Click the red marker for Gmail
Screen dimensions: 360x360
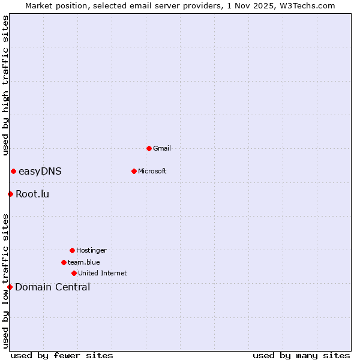[149, 148]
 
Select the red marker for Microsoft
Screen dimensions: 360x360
[134, 171]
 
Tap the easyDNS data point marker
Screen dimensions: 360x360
[13, 171]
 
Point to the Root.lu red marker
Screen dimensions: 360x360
[10, 194]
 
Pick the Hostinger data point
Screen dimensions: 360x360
[72, 250]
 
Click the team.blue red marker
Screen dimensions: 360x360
[64, 262]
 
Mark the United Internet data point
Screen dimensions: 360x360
[74, 273]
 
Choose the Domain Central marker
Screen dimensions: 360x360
[10, 287]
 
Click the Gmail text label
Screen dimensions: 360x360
[162, 148]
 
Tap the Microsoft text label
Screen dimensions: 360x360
[152, 171]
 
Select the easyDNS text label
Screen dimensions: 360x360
[40, 172]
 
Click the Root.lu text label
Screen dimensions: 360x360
[32, 194]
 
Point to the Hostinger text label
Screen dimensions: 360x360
[91, 250]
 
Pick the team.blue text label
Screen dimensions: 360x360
[84, 262]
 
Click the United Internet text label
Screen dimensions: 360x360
[103, 273]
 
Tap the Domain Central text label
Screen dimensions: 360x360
[53, 287]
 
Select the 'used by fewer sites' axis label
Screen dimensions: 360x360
[62, 355]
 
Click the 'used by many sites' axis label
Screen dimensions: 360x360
[301, 355]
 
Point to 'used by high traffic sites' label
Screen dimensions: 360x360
[5, 85]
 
